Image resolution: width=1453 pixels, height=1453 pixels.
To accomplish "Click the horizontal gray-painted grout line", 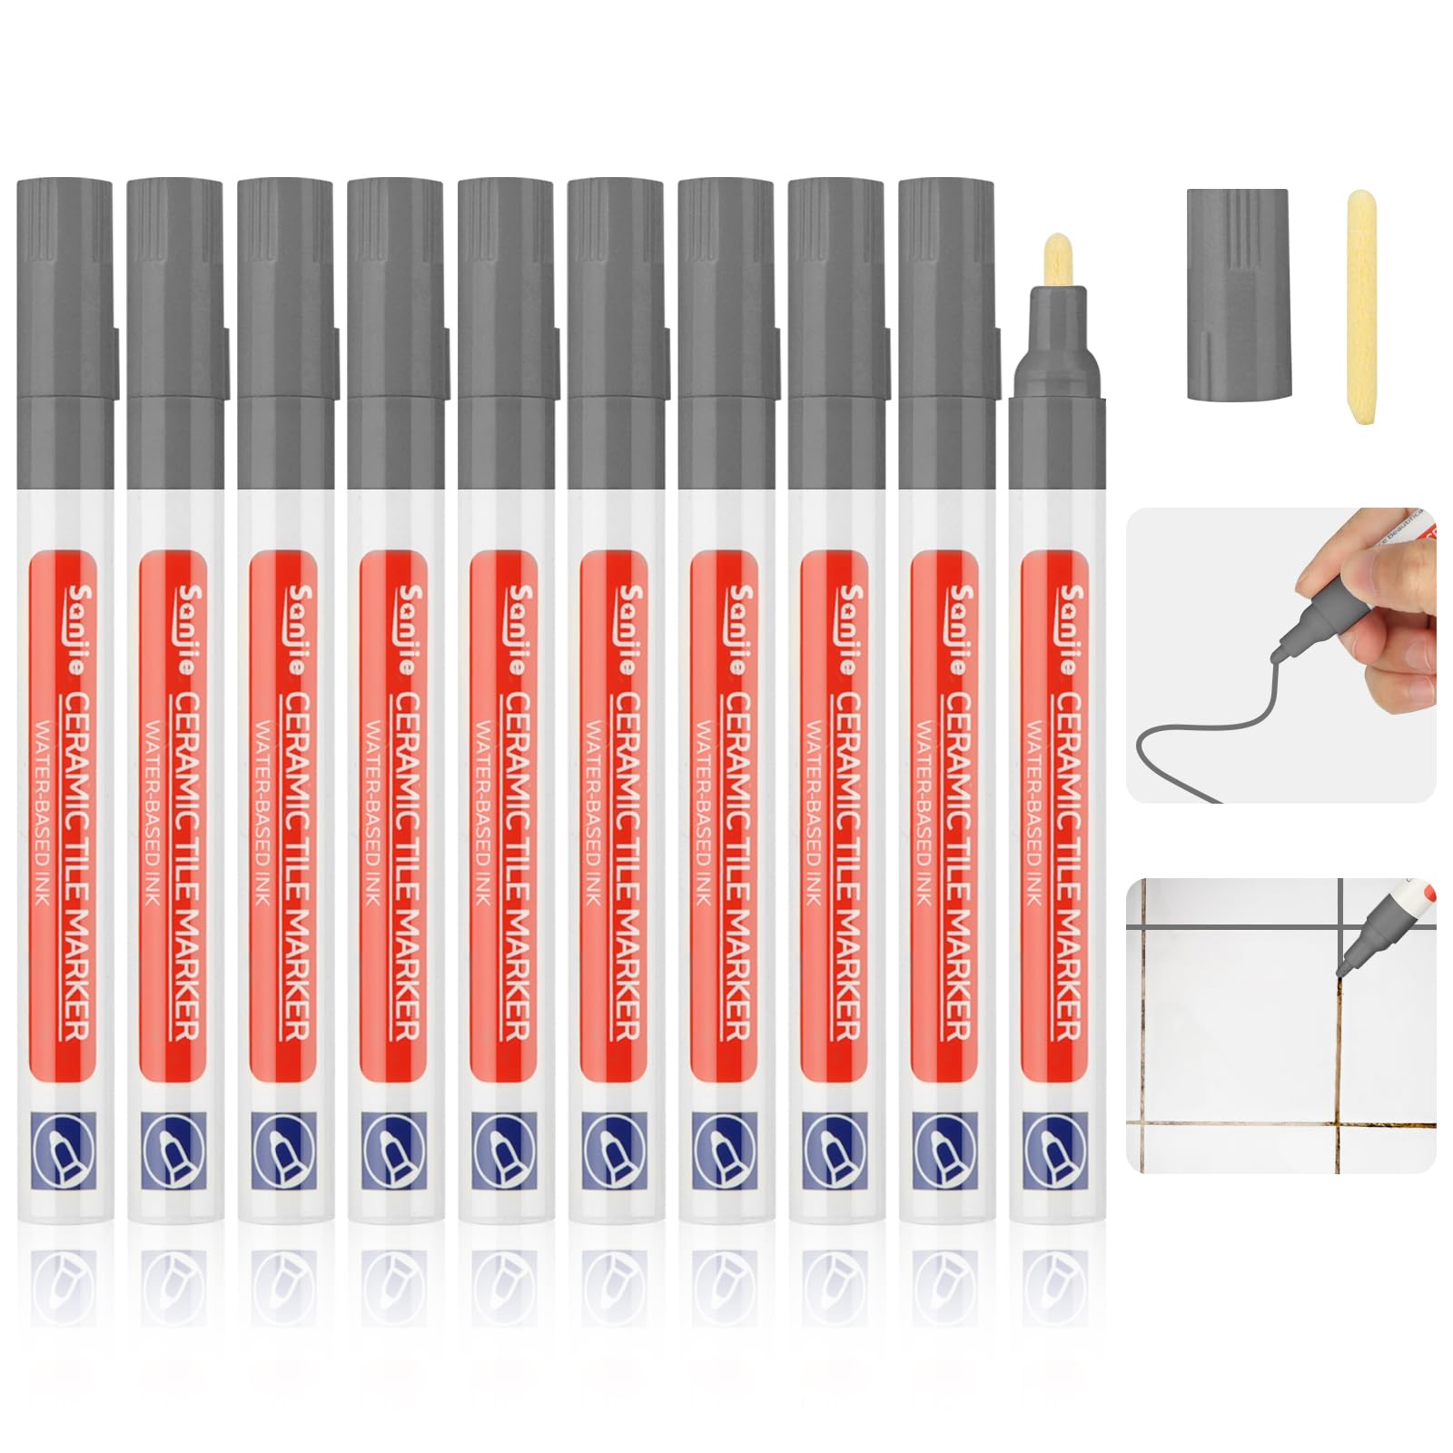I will (x=1235, y=928).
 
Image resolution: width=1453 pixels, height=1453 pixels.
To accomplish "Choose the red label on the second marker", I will (x=175, y=817).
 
